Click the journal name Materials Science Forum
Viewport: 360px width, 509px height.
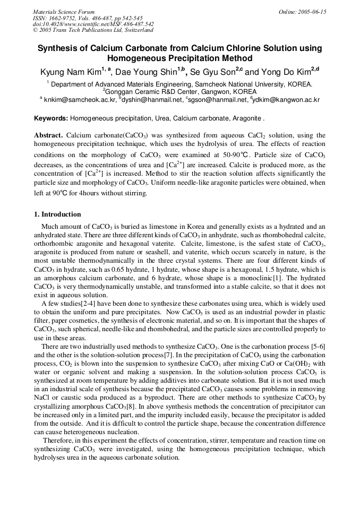(64, 12)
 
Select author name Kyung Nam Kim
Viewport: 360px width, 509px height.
(71, 72)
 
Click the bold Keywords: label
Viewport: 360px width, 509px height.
(51, 118)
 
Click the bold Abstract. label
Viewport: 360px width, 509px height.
(49, 135)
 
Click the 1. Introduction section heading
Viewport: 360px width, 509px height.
(57, 214)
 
